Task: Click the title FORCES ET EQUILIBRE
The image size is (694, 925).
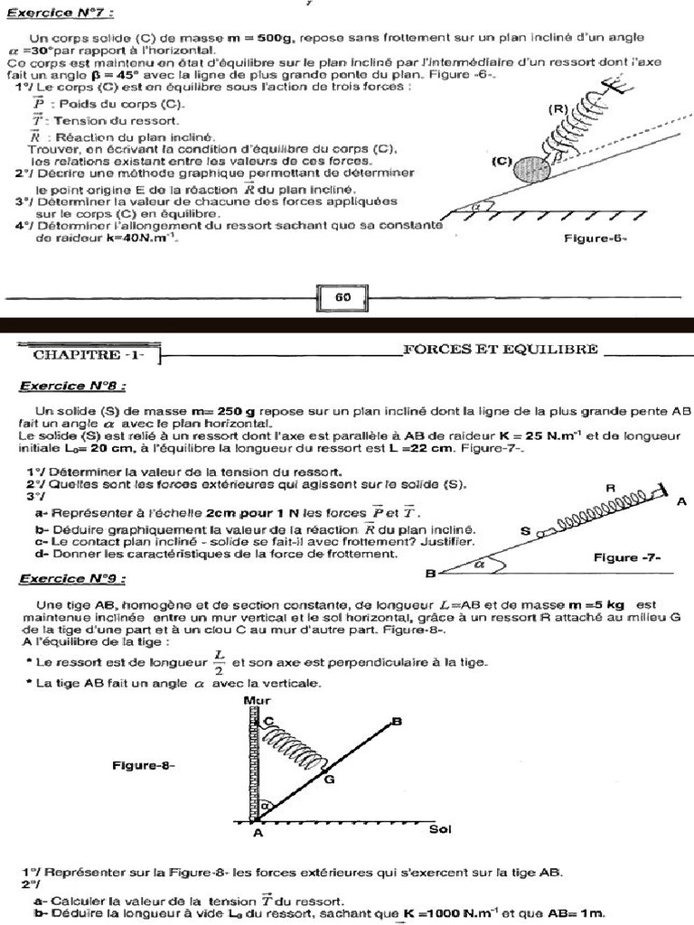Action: click(500, 350)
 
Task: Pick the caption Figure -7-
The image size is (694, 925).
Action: click(627, 557)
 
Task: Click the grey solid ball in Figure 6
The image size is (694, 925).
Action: click(525, 168)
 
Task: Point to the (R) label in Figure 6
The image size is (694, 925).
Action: click(558, 108)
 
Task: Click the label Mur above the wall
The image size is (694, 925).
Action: click(257, 700)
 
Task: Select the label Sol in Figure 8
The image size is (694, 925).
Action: click(440, 829)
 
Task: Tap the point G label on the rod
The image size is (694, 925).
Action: click(330, 779)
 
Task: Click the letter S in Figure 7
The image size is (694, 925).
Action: click(525, 533)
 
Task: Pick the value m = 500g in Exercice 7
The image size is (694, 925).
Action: click(257, 38)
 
